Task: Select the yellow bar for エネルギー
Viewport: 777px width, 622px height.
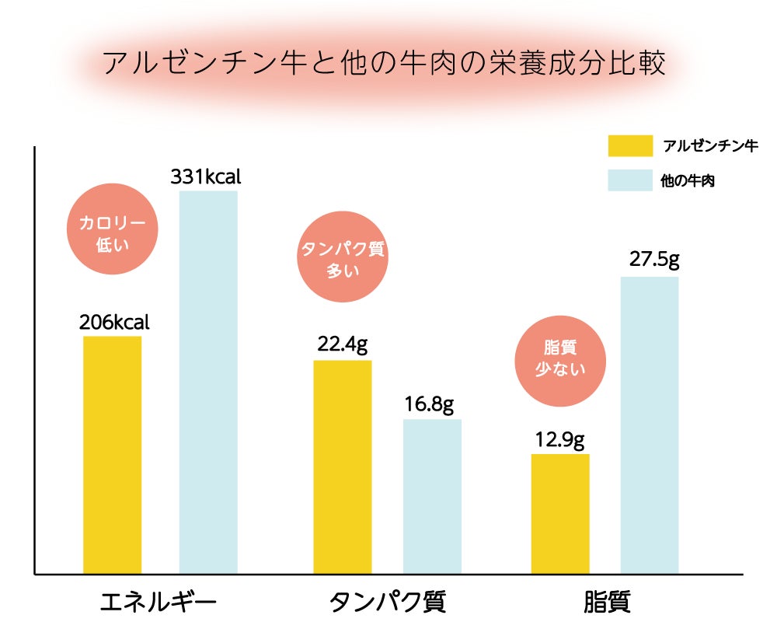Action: pyautogui.click(x=112, y=455)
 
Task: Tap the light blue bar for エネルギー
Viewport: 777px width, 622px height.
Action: pyautogui.click(x=208, y=382)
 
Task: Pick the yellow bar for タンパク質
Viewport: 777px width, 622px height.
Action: pyautogui.click(x=343, y=466)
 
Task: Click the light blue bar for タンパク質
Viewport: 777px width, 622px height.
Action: pyautogui.click(x=432, y=496)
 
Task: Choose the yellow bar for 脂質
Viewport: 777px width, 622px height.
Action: pyautogui.click(x=560, y=513)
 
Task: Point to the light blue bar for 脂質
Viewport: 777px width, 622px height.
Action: pyautogui.click(x=650, y=425)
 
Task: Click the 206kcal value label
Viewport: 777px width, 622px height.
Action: pyautogui.click(x=114, y=322)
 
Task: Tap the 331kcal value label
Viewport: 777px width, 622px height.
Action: pyautogui.click(x=206, y=176)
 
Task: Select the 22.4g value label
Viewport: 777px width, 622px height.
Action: pyautogui.click(x=343, y=345)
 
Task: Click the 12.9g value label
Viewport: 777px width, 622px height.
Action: pyautogui.click(x=559, y=440)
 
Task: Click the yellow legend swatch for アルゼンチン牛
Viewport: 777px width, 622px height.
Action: pyautogui.click(x=630, y=145)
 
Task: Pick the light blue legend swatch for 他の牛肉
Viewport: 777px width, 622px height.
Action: pyautogui.click(x=630, y=180)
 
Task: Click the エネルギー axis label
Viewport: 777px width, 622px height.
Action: pyautogui.click(x=159, y=603)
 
